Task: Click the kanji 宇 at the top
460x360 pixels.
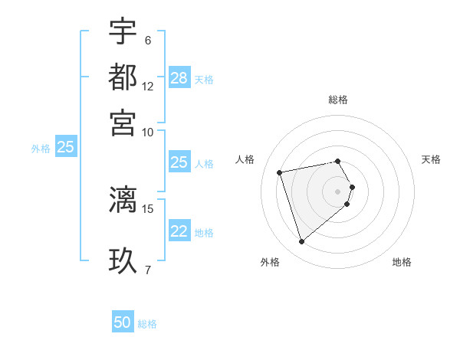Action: (x=123, y=32)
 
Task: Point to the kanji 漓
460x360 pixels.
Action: (x=123, y=199)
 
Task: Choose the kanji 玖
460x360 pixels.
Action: (x=123, y=259)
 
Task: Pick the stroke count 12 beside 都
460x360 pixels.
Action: (x=148, y=86)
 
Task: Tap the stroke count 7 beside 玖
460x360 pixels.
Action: (x=147, y=269)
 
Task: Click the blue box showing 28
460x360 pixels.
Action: (x=179, y=78)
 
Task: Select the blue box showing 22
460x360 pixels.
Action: (x=179, y=231)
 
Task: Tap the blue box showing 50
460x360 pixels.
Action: (x=123, y=322)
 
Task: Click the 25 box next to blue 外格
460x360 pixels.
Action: (x=65, y=147)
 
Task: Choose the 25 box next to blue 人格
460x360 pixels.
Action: (x=179, y=162)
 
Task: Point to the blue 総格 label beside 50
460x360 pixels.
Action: (x=147, y=324)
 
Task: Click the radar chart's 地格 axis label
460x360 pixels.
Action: (x=402, y=262)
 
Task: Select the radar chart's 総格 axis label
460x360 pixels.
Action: (x=338, y=100)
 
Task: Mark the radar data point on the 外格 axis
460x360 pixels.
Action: (x=302, y=242)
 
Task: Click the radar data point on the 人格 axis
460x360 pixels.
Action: (x=280, y=172)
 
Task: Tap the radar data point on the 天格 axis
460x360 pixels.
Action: (x=352, y=187)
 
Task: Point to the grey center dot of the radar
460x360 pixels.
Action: (x=338, y=191)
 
